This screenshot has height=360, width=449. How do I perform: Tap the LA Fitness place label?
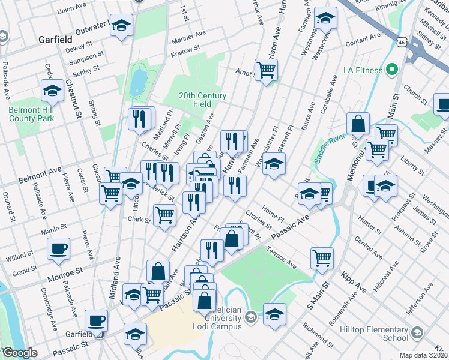pos(363,70)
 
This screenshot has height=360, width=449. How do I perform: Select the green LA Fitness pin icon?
pos(393,70)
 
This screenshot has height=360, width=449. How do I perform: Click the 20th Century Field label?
pos(202,100)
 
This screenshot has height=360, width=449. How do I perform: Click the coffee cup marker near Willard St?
pos(59,248)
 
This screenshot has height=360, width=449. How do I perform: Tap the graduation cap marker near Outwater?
pos(122,26)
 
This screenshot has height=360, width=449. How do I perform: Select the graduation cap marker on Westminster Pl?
pos(274,164)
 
